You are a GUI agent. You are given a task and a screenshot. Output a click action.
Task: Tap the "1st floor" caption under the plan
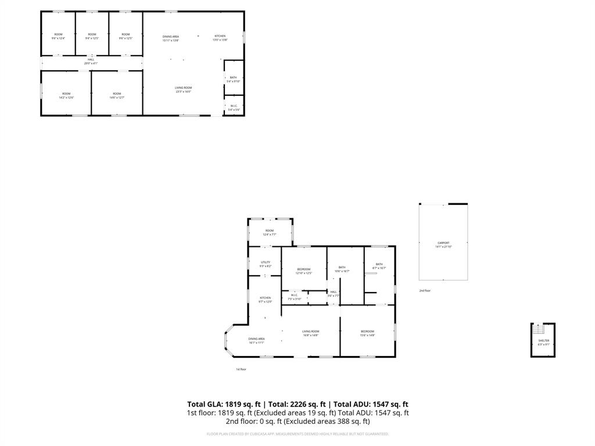241,369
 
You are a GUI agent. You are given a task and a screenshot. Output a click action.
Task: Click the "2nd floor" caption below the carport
425,290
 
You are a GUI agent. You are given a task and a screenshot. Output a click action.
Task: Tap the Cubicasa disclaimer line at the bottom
297,434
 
